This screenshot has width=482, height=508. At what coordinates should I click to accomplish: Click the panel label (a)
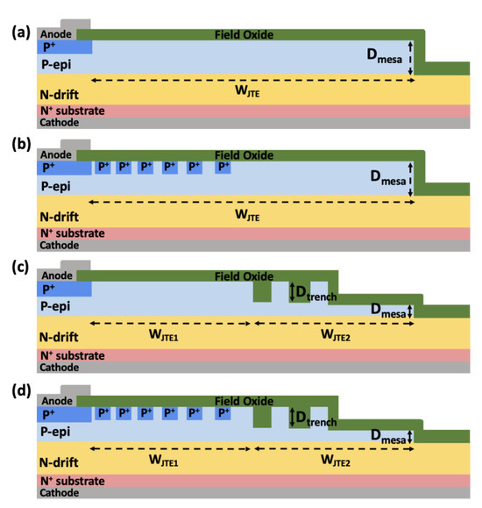[x=18, y=32]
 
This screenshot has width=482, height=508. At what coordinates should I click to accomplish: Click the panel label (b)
[x=18, y=152]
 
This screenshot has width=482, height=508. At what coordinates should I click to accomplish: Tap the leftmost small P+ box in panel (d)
[x=103, y=411]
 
